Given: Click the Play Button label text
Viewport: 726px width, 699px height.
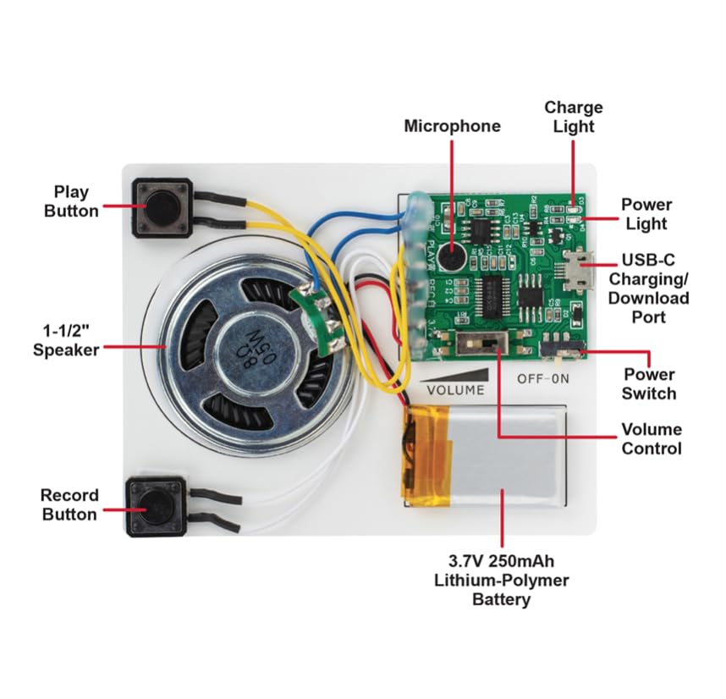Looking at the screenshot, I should coord(71,201).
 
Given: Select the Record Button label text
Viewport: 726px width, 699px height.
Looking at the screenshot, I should coord(69,504).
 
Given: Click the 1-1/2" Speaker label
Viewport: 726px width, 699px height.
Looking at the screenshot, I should coord(66,338).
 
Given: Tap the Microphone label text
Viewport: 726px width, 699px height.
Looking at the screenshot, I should coord(452,126).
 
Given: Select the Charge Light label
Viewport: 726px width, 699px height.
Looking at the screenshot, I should coord(573,117).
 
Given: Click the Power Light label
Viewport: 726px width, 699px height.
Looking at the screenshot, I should coord(646,214).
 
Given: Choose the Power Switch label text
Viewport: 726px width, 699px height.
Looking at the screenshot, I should coord(648,383).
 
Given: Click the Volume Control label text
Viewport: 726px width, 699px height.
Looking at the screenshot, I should coord(651,438).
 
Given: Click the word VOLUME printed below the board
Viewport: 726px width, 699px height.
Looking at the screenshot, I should coord(456,390).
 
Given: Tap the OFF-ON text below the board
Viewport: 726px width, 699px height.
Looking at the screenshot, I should coord(543,380).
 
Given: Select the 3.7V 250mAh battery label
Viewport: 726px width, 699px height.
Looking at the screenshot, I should coord(502,581).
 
